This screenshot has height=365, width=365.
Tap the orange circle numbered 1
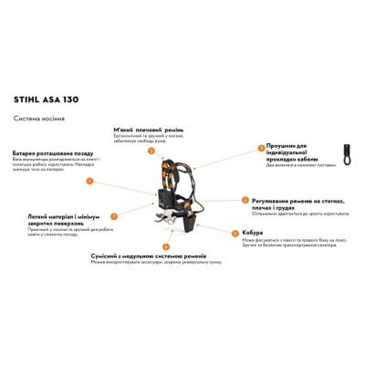pyautogui.click(x=89, y=182)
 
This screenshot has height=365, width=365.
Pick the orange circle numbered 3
pyautogui.click(x=260, y=148)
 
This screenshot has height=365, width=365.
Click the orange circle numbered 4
pyautogui.click(x=244, y=200)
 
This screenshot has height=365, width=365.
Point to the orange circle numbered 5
pyautogui.click(x=235, y=234)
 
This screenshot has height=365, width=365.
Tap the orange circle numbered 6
pyautogui.click(x=165, y=247)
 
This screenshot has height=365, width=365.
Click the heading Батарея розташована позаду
pyautogui.click(x=49, y=152)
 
